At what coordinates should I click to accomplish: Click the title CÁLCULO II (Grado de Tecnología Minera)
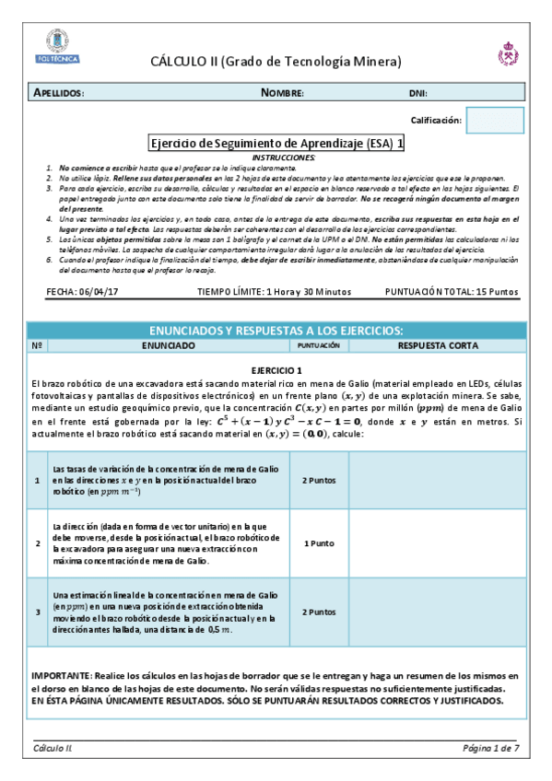(276, 62)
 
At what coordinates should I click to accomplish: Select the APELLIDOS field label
(59, 94)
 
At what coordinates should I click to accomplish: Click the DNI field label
(417, 94)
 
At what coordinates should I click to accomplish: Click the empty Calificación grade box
(495, 121)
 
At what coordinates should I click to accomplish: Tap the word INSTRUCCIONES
(276, 158)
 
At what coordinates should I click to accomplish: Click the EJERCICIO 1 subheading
(276, 368)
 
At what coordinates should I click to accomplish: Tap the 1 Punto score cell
(319, 543)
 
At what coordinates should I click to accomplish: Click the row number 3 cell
(37, 612)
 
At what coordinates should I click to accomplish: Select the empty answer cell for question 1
(437, 480)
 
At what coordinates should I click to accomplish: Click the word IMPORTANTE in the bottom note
(60, 676)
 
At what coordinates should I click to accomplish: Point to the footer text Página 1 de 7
(491, 748)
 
